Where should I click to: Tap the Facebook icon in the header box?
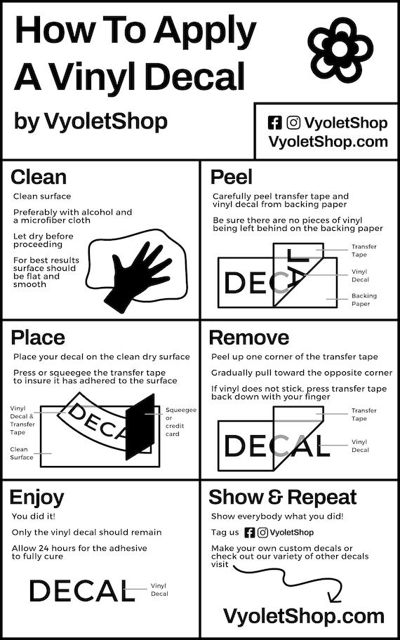point(275,123)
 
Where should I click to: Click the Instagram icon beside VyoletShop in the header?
point(294,123)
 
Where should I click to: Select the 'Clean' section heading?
point(39,176)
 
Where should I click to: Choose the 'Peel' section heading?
point(232,176)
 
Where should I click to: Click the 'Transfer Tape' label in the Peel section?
point(364,251)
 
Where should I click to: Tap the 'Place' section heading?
point(38,338)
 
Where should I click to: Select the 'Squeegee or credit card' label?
point(181,421)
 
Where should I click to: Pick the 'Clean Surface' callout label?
point(22,453)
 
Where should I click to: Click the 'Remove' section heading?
point(249,338)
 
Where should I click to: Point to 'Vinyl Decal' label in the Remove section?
point(360,446)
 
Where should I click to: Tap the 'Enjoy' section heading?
point(36,498)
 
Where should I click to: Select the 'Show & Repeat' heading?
point(282,498)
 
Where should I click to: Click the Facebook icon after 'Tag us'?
point(249,533)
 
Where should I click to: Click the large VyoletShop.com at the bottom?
point(303,616)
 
